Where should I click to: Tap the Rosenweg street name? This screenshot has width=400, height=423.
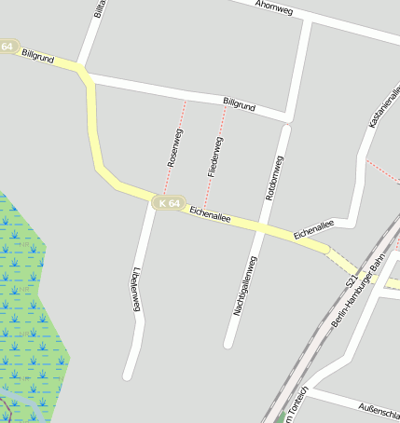[x=175, y=148]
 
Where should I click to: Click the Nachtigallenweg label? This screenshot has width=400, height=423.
[x=245, y=285]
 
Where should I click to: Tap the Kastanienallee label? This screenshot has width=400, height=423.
[x=385, y=108]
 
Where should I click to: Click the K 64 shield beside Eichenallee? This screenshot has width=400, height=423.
[x=170, y=202]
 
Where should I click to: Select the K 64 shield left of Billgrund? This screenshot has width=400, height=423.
[x=7, y=47]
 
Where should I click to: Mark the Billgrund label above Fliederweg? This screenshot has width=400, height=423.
[x=239, y=105]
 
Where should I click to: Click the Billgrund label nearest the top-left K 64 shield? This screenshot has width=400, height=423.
[x=37, y=58]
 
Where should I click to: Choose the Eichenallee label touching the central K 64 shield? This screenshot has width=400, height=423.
[x=210, y=213]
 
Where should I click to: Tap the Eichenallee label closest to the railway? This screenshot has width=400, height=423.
[x=313, y=229]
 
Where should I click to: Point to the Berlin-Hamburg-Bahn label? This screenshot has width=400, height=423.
[x=358, y=295]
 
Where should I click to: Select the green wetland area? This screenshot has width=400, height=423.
[x=28, y=307]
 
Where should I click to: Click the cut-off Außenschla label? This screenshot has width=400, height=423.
[x=379, y=407]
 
